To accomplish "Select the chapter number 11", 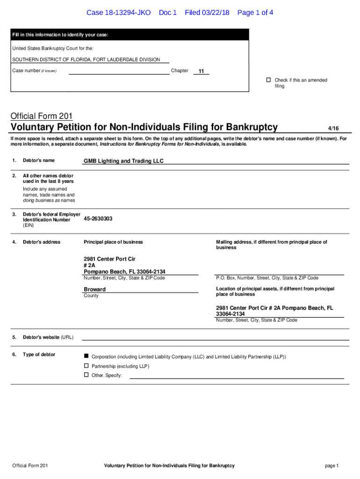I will [201, 72].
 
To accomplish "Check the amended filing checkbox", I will [268, 80].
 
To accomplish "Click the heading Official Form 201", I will [42, 116].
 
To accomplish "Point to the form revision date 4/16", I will [333, 128].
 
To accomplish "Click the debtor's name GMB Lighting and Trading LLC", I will [123, 161].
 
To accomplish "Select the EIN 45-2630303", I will [98, 218].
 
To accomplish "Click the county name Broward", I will [94, 289].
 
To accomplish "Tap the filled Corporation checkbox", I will [86, 356].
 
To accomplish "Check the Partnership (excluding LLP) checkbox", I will [86, 365].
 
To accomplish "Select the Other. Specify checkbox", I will [86, 375].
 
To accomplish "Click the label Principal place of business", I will [113, 242].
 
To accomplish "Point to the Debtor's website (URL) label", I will [48, 337].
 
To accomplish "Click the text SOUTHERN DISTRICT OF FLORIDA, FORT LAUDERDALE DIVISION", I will [86, 59].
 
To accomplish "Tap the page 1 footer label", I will [331, 465].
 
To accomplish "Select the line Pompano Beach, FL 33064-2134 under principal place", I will [124, 272].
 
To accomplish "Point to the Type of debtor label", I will [39, 355].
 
